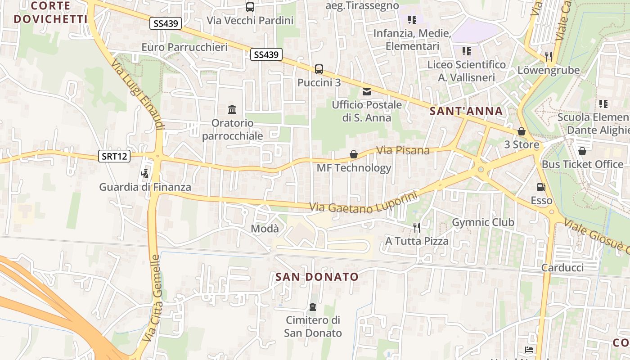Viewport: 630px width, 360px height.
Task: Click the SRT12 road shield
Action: (114, 157)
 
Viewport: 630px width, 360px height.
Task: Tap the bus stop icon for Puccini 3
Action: (319, 69)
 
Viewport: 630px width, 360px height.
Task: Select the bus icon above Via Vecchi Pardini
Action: (250, 7)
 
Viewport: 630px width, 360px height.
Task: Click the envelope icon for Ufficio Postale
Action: (367, 92)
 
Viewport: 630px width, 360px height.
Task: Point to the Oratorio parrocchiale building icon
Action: (232, 109)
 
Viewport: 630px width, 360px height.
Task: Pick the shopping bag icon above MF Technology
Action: (354, 155)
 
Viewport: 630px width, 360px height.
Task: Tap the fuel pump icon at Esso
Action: (541, 187)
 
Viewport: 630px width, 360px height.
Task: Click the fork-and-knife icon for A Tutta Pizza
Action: (417, 228)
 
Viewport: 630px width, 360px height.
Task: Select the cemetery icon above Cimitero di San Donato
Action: (312, 307)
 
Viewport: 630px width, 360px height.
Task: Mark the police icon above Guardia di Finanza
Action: (145, 174)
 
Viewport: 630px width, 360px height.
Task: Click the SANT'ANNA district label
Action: (466, 111)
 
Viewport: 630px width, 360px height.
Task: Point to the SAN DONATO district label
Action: (317, 277)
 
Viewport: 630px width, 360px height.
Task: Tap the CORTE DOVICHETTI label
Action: (50, 13)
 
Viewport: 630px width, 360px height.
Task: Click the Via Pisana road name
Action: (403, 150)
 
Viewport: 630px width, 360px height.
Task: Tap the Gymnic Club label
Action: (483, 222)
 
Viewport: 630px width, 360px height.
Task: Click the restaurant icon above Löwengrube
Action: (548, 56)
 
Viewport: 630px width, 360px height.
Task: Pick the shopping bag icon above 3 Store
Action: (522, 131)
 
